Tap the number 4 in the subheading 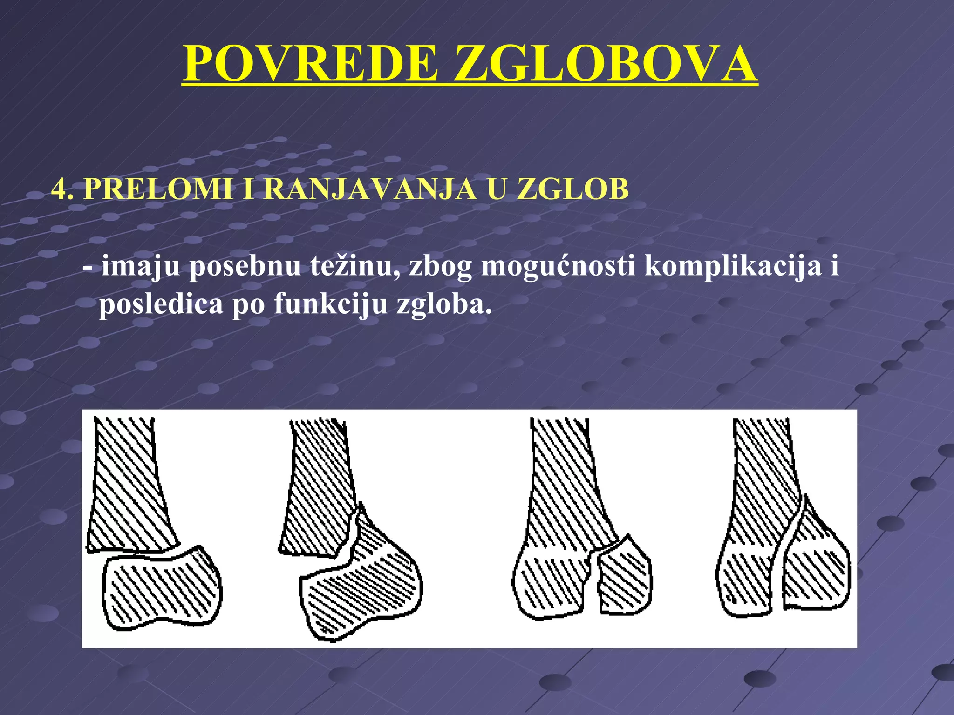click(59, 189)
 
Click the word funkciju click(331, 305)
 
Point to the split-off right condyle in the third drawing click(624, 580)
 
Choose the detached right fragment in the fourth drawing click(815, 568)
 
